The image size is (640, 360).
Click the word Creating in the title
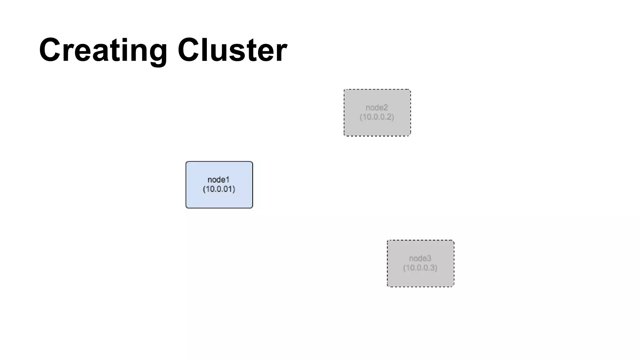point(103,50)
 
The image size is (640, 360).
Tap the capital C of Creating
point(50,50)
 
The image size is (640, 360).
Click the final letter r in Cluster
point(282,52)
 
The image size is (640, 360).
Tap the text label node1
point(218,180)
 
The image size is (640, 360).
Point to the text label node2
point(377,107)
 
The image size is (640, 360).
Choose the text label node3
point(420,258)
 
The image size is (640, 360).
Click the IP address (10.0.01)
point(219,189)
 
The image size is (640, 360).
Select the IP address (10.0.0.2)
point(377,117)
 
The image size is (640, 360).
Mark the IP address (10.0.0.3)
point(420,268)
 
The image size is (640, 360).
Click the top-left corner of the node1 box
point(187,162)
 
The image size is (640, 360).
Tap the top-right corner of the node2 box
point(410,90)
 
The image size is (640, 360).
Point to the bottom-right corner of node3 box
point(453,286)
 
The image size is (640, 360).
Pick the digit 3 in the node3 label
point(429,258)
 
